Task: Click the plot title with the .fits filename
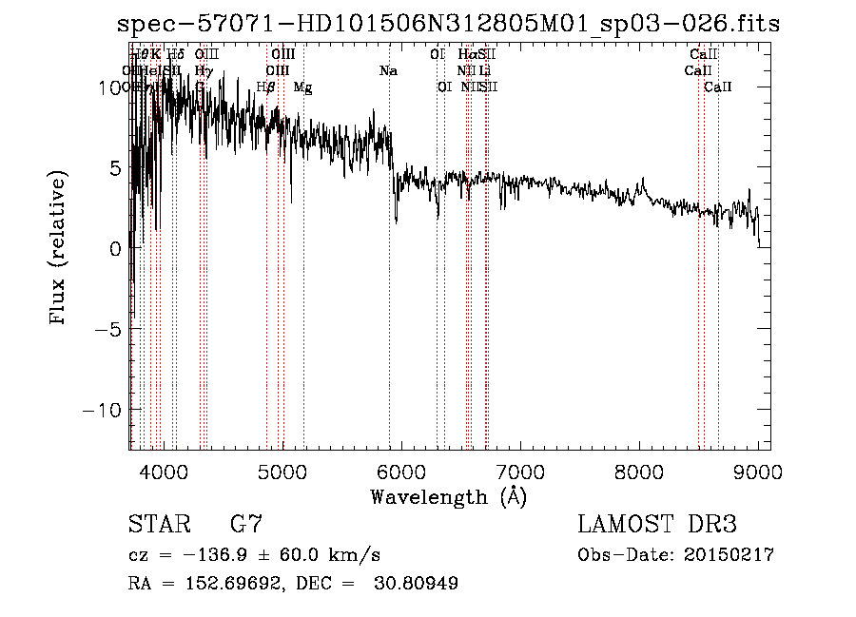tap(447, 24)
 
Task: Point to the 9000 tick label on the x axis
tap(757, 472)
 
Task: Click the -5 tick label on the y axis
tap(109, 329)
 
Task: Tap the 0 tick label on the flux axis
tap(115, 248)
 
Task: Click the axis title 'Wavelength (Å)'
tap(448, 496)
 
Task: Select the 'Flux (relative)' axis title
tap(60, 248)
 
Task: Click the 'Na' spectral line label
tap(388, 71)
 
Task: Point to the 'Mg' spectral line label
tap(302, 87)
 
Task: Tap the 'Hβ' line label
tap(266, 87)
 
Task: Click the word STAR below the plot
tap(157, 524)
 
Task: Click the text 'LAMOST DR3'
tap(656, 524)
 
